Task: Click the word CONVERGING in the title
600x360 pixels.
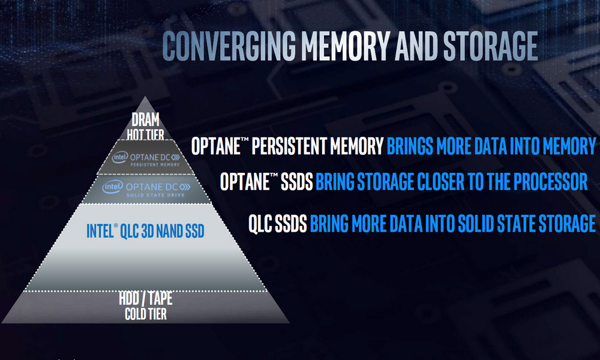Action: [x=229, y=46]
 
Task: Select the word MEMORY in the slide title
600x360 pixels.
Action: [x=346, y=46]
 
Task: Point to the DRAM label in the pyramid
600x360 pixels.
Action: [x=145, y=120]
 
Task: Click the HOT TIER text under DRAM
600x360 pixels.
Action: [x=145, y=134]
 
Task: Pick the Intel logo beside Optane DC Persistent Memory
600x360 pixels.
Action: [x=120, y=157]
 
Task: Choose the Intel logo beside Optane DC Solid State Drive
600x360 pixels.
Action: [x=113, y=187]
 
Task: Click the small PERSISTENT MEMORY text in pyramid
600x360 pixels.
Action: [x=155, y=164]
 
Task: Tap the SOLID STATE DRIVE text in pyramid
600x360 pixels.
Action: [x=155, y=195]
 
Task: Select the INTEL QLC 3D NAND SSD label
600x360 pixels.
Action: [x=145, y=231]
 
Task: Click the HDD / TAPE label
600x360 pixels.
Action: [x=146, y=298]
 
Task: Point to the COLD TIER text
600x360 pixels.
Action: [x=146, y=314]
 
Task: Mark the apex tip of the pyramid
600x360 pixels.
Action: [x=145, y=97]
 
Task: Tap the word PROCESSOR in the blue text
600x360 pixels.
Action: [x=550, y=181]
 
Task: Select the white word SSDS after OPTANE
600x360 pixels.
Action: [x=297, y=181]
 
